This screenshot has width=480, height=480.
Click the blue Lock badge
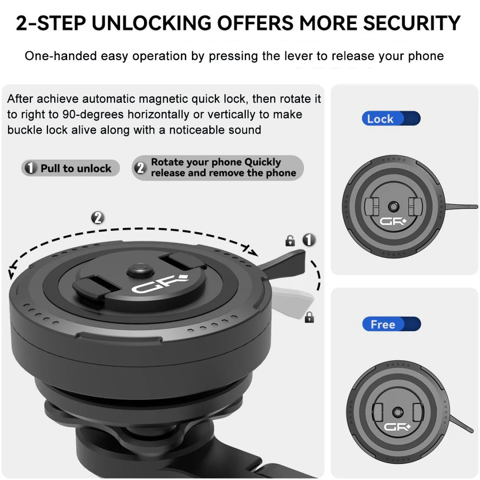[x=391, y=119]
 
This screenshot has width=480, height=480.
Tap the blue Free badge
[x=392, y=324]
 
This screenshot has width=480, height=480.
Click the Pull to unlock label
[x=71, y=168]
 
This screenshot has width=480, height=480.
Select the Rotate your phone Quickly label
[x=217, y=168]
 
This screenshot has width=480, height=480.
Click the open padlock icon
[x=290, y=241]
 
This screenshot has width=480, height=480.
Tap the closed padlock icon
[x=310, y=317]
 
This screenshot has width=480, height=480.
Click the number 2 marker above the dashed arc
[x=97, y=218]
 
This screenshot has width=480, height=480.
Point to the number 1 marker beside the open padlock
[x=309, y=240]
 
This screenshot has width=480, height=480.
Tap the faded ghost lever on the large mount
[x=292, y=302]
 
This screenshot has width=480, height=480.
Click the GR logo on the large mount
[x=159, y=284]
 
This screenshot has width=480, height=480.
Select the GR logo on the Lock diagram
[x=393, y=221]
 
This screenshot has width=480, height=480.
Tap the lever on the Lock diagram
[x=461, y=206]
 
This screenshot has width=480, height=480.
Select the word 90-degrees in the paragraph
[x=93, y=115]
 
